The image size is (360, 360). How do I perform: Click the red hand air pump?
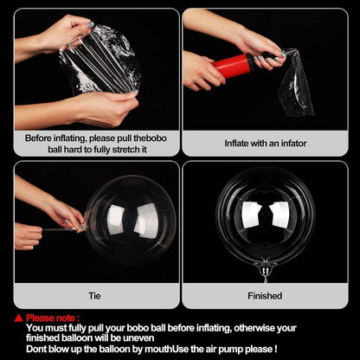(234, 65)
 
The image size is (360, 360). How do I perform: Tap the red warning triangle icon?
(18, 318)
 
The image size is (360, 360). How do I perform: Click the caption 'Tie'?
(95, 296)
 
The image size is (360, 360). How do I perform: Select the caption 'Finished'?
(265, 296)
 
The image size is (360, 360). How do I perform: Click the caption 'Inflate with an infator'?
(265, 143)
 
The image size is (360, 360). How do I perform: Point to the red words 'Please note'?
(53, 318)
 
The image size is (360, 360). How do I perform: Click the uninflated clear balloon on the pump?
(296, 84)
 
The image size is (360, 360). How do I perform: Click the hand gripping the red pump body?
(204, 71)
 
